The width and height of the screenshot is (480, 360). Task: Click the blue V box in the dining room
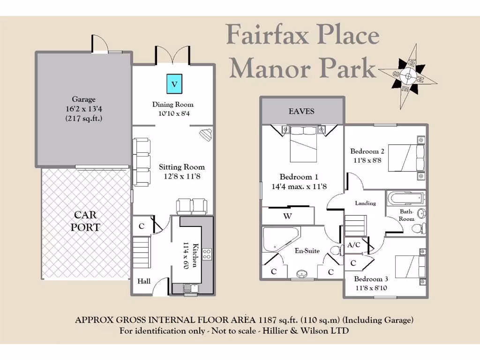[x=174, y=84]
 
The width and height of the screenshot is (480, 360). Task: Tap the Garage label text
[x=83, y=99]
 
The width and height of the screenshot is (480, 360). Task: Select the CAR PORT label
[x=86, y=221]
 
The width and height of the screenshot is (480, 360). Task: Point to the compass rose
[x=408, y=75]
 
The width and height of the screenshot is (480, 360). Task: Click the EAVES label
[x=301, y=112]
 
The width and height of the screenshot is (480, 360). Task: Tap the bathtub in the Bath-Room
[x=405, y=198]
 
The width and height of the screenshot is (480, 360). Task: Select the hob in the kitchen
[x=206, y=255]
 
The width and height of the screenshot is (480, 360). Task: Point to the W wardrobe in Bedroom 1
[x=288, y=216]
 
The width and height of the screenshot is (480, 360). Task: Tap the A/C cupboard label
[x=354, y=245]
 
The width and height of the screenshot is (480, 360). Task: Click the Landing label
[x=365, y=203]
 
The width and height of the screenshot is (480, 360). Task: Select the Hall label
[x=144, y=281]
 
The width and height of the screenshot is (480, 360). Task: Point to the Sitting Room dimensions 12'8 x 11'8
[x=181, y=177]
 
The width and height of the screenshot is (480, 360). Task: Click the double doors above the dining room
[x=173, y=55]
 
